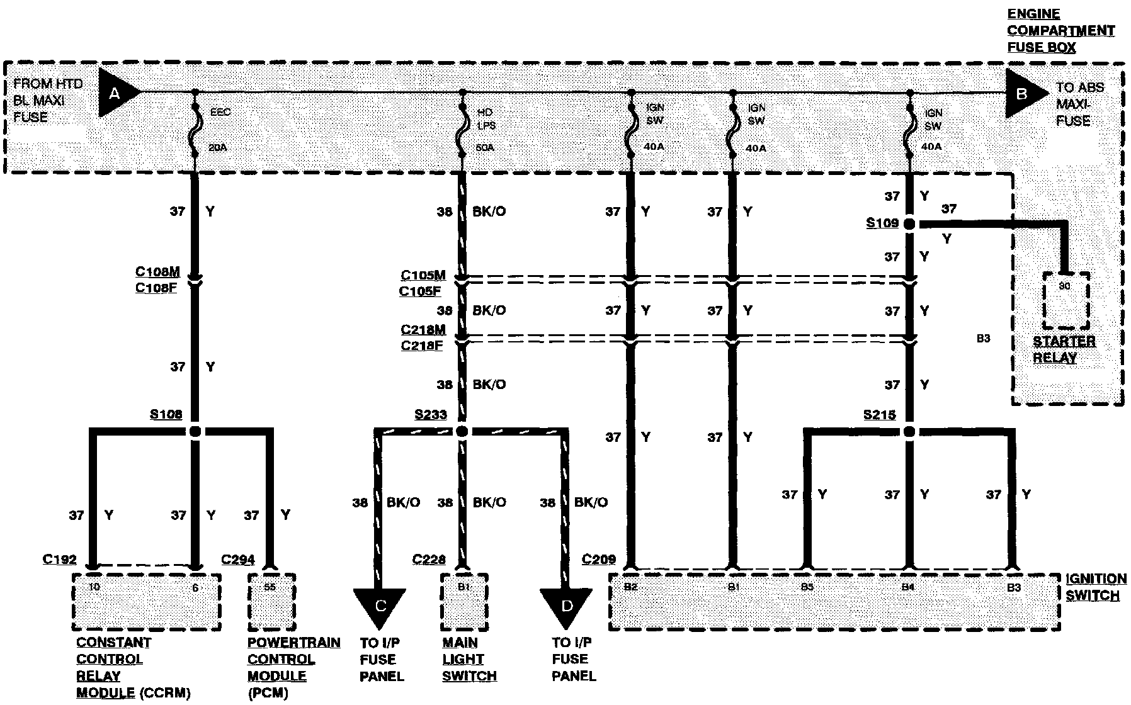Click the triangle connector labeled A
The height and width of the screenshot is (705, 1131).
coord(116,94)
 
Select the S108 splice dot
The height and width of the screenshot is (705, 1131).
coord(195,432)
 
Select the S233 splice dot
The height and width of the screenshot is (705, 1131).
coord(462,432)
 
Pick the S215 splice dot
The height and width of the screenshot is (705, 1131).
coord(909,432)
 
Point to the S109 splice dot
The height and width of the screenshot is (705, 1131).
coord(909,224)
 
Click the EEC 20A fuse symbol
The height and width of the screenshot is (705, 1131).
coord(195,131)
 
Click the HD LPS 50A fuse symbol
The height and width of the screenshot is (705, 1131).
coord(463,131)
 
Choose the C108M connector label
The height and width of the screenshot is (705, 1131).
coord(157,272)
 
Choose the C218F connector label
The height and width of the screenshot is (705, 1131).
coord(421,346)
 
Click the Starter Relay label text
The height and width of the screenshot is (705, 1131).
coord(1064,349)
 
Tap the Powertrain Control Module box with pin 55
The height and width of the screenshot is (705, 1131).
coord(271,601)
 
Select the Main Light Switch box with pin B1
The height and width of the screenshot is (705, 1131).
coord(465,601)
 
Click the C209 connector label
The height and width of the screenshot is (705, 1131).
coord(598,559)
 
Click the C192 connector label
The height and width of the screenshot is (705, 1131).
coord(59,559)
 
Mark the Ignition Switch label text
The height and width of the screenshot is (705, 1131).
coord(1096,587)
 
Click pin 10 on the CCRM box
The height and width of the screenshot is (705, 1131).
coord(94,587)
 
